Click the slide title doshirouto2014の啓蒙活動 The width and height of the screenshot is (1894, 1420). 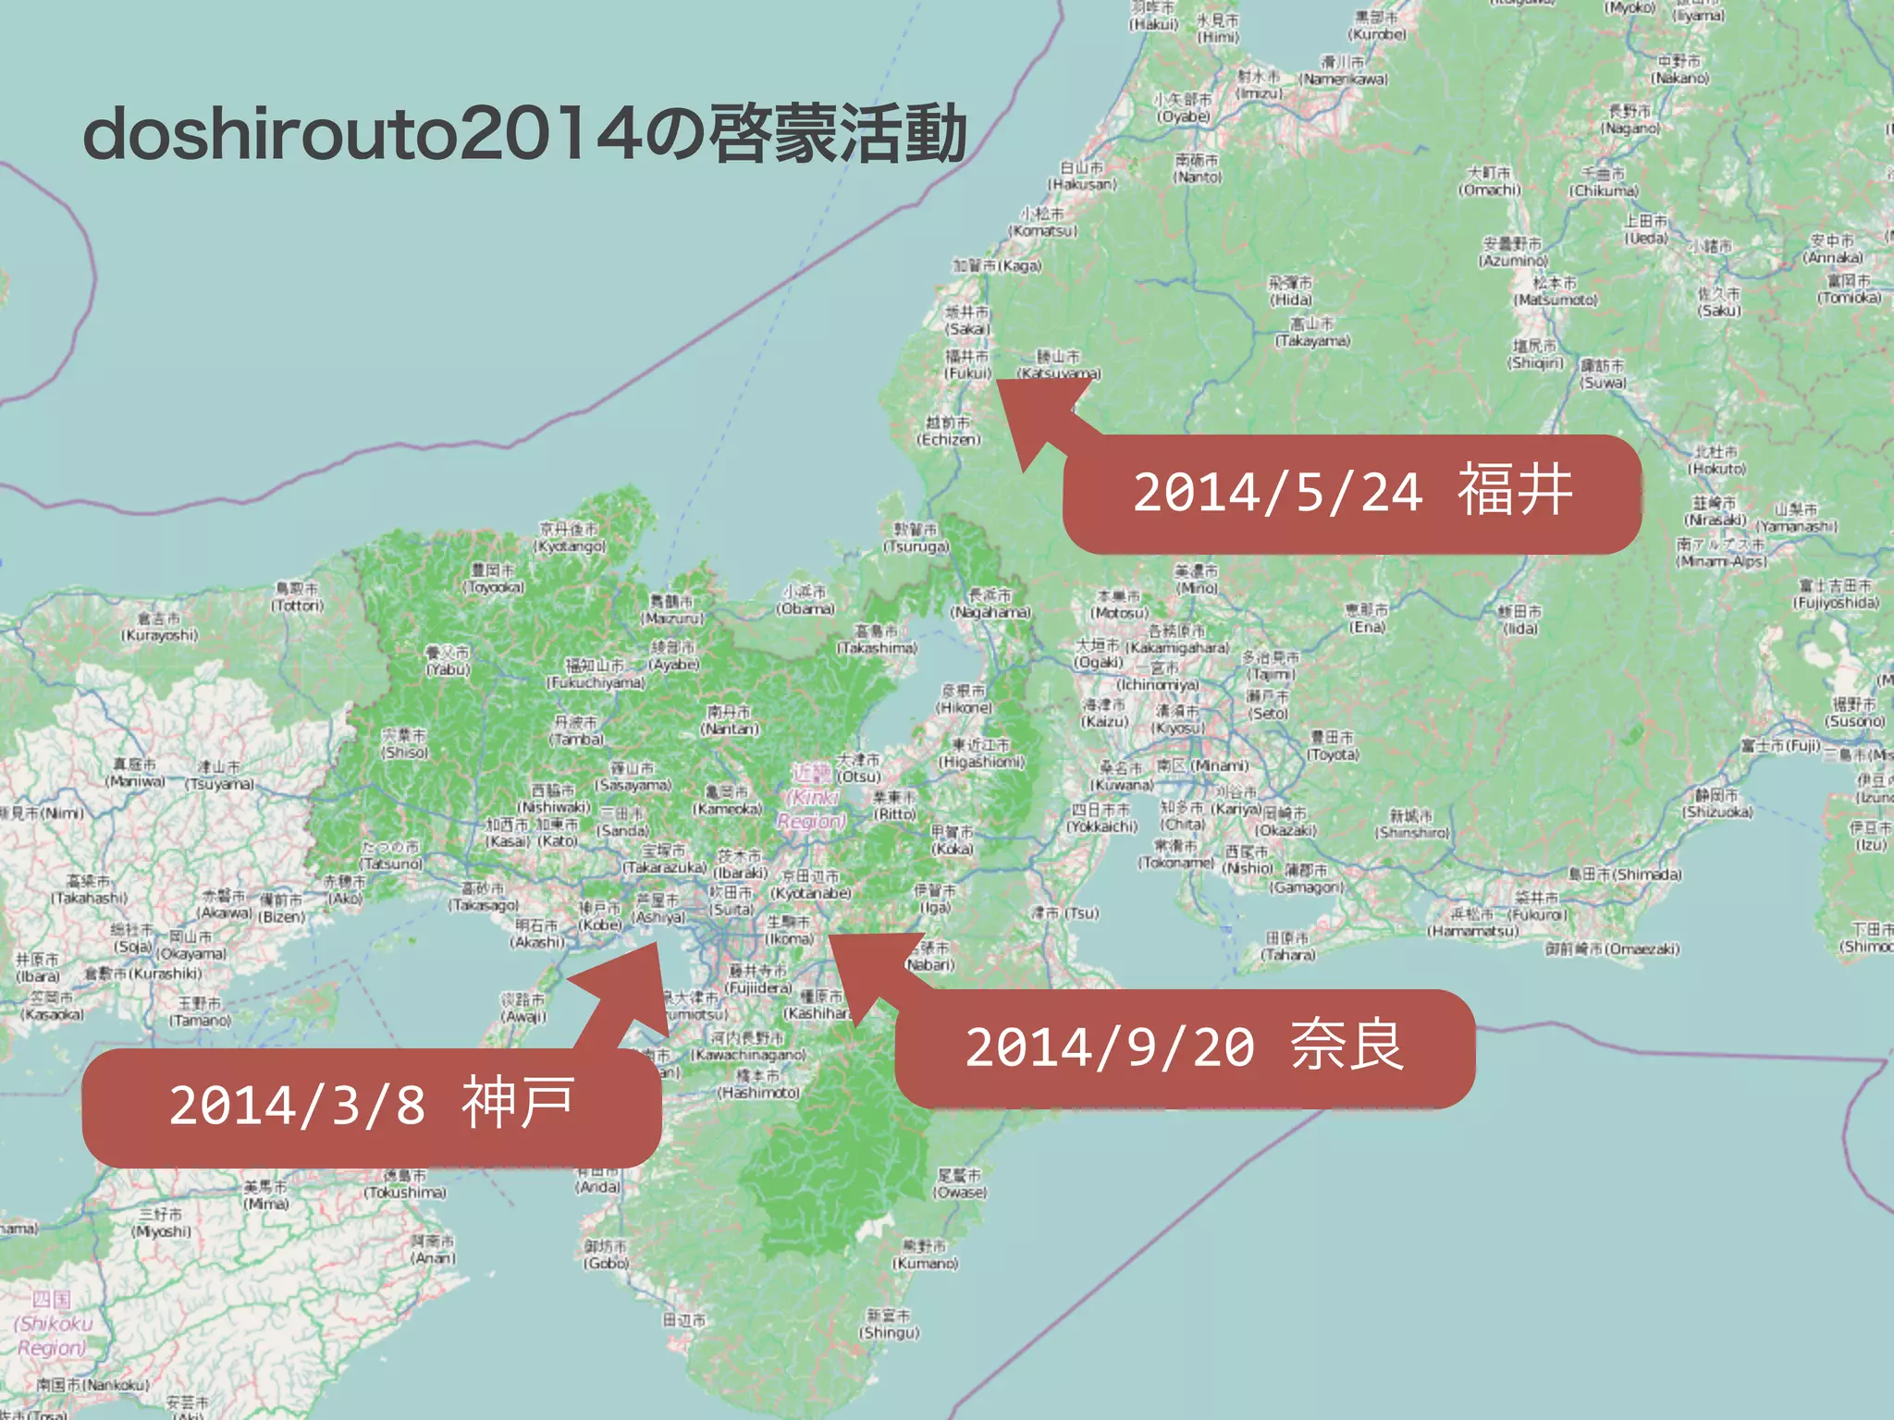pos(524,135)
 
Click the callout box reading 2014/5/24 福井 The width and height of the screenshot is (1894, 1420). pos(1351,494)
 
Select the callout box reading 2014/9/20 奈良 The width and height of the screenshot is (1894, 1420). pos(1185,1048)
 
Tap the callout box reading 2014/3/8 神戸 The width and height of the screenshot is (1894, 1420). pos(372,1106)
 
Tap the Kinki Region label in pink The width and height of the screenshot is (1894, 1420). pos(811,797)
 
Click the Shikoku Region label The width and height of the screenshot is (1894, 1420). pos(53,1324)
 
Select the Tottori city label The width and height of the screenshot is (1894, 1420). pos(297,597)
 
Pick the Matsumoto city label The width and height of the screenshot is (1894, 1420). pos(1555,291)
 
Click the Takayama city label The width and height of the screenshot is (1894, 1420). pos(1312,332)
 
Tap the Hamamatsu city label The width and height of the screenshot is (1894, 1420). pos(1472,923)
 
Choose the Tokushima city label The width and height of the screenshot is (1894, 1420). pos(405,1184)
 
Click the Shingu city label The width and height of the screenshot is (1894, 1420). pos(889,1324)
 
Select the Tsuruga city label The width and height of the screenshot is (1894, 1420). pos(916,538)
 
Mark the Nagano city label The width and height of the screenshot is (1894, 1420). pos(1630,120)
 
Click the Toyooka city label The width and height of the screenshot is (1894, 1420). pos(495,579)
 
